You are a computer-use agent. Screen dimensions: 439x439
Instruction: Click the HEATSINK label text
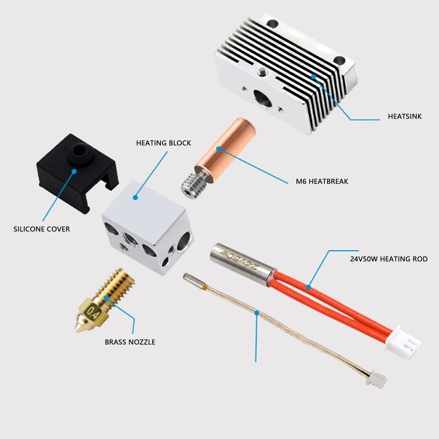coord(404,116)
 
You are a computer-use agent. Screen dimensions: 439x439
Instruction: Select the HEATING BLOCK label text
coord(164,143)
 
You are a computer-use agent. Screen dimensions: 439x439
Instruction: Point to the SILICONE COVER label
coord(42,229)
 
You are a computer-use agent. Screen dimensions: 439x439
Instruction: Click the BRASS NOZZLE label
coord(130,342)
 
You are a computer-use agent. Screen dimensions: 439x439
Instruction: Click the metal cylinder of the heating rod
coord(242,262)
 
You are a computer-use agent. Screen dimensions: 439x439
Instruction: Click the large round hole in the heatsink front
coord(262,99)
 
